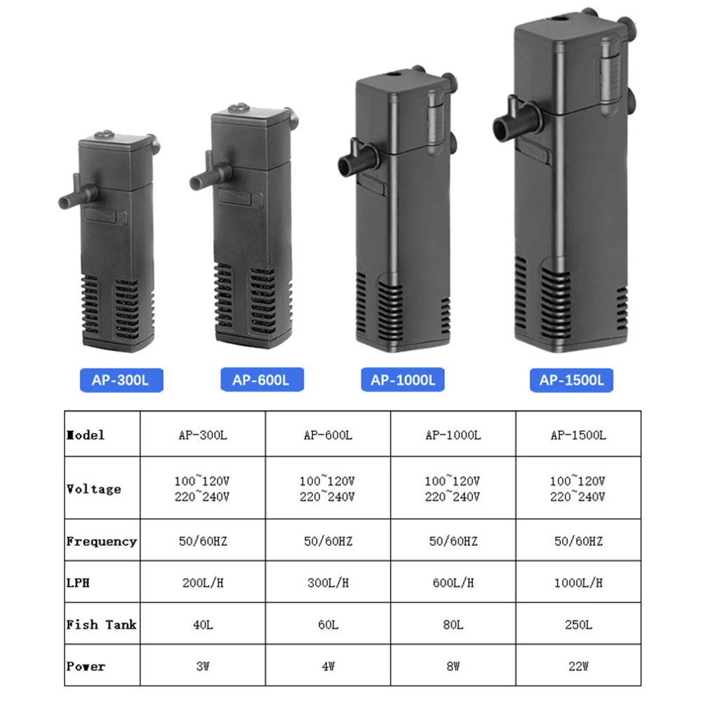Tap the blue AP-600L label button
260,381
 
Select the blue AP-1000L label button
403,380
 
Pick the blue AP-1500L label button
572,380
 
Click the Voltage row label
93,489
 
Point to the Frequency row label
101,541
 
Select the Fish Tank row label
101,624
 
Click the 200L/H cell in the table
203,582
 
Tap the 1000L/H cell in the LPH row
577,582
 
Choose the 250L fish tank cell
577,624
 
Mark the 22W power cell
577,666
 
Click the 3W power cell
203,666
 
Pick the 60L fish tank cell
328,624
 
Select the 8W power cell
453,666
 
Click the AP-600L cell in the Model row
328,435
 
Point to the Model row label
86,435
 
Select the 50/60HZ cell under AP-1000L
453,541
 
